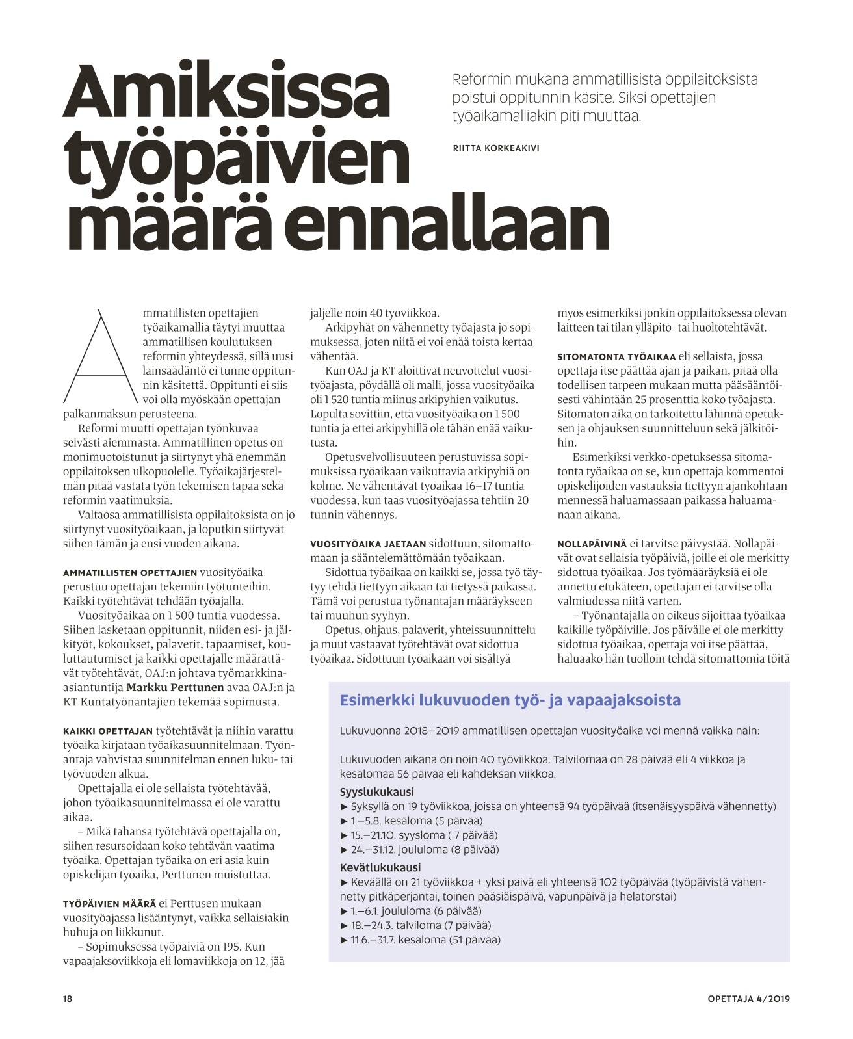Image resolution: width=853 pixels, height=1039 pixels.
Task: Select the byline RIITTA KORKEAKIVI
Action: (x=495, y=148)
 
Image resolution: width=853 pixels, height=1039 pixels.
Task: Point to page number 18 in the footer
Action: (x=68, y=999)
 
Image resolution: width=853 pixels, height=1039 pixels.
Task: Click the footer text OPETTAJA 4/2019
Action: (x=748, y=999)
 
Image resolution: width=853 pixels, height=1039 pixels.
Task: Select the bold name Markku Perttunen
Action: (x=175, y=687)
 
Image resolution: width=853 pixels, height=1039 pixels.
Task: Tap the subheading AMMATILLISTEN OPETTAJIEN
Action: (x=130, y=573)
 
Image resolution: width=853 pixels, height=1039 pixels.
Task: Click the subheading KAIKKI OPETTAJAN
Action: (x=108, y=731)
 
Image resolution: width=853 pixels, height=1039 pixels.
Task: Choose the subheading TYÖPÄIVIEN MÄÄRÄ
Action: (x=109, y=904)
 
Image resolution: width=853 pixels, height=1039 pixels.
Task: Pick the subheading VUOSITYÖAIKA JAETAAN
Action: (x=368, y=544)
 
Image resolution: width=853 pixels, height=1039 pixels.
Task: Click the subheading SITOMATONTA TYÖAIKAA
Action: (x=616, y=356)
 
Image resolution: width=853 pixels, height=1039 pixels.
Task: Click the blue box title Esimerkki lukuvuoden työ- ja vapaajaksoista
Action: (x=510, y=700)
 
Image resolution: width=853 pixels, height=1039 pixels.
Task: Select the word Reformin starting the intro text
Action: (x=482, y=80)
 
